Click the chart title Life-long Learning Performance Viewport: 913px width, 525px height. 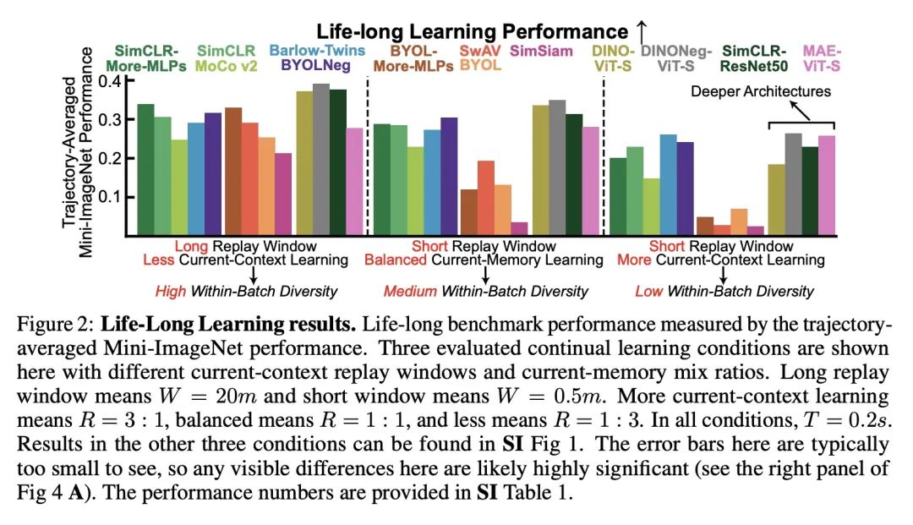click(473, 31)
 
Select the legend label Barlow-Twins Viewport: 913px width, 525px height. click(318, 50)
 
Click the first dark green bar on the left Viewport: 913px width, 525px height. click(145, 169)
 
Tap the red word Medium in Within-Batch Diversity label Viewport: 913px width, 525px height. click(409, 292)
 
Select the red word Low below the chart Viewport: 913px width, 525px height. click(649, 292)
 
